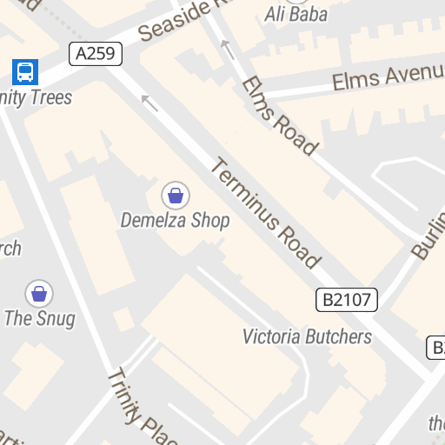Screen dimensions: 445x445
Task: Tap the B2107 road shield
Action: point(347,301)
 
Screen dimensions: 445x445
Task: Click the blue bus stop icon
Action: point(25,71)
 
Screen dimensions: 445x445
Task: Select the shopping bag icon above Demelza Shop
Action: point(176,195)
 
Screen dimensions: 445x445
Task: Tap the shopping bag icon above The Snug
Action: point(39,294)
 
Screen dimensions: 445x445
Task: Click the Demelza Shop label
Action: point(175,220)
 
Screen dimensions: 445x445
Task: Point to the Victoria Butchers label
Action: point(307,336)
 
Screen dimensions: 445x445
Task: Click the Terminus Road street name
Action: point(266,213)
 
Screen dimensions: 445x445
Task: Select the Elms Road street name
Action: point(279,116)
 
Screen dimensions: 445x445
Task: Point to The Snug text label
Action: point(39,318)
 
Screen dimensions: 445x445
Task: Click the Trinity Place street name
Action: point(143,405)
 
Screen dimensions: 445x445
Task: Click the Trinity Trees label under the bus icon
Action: point(37,96)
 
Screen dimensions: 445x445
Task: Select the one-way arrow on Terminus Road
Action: point(150,103)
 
